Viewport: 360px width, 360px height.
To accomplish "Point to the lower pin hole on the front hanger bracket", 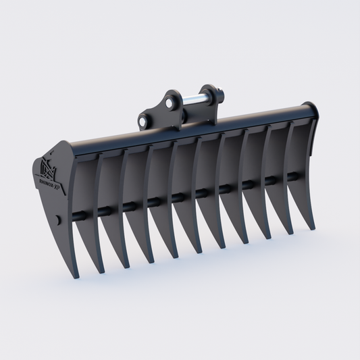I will tap(143, 121).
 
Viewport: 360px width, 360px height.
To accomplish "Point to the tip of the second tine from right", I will tap(292, 232).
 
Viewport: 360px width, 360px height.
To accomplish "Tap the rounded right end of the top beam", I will tap(311, 111).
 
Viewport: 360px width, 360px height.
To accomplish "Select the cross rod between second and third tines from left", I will tap(110, 210).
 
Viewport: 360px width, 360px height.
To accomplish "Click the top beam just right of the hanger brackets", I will tap(250, 122).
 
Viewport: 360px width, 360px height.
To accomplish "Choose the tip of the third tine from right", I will tap(270, 238).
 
